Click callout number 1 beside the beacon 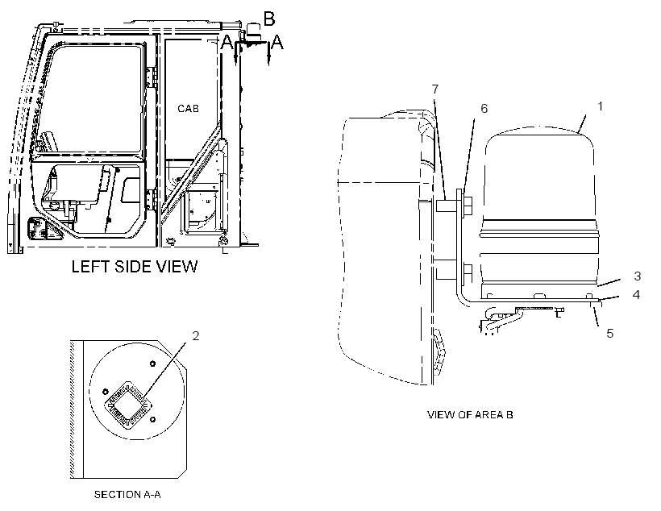point(601,106)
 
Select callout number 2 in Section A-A point(196,336)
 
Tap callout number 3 point(637,276)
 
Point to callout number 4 point(636,295)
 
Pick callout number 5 point(610,334)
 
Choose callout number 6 point(484,109)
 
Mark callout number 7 point(435,89)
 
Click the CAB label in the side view point(188,109)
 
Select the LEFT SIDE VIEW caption point(135,267)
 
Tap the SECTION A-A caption point(127,494)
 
